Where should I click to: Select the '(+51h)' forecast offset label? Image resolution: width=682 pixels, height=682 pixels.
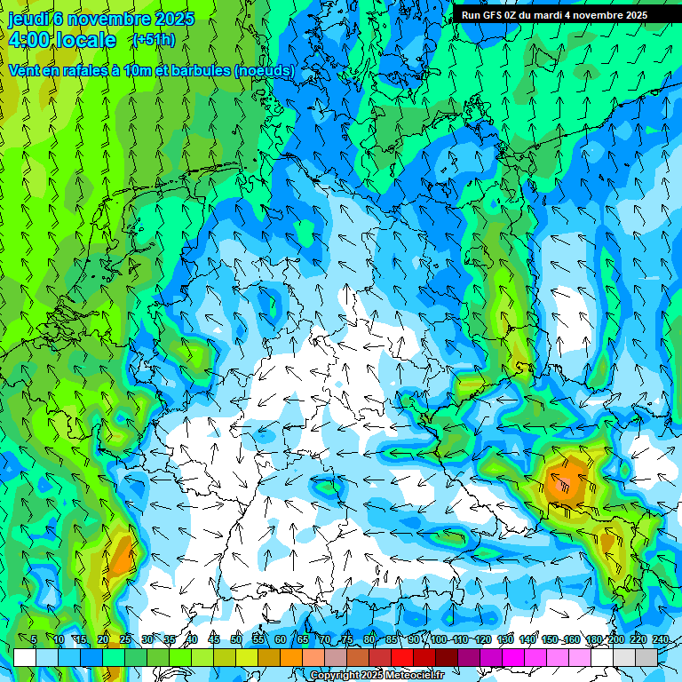pos(153,40)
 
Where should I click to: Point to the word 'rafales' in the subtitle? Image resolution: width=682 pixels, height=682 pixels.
pos(76,71)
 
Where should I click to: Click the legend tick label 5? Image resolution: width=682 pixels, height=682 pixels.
pos(34,640)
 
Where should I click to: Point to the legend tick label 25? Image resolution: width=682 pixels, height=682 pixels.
pos(125,640)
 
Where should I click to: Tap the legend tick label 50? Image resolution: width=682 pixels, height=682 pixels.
pos(236,640)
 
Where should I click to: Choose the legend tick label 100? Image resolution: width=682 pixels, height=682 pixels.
pos(439,640)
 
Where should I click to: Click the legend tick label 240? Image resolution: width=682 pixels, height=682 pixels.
pos(660,640)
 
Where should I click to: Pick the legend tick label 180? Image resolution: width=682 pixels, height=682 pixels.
pos(593,640)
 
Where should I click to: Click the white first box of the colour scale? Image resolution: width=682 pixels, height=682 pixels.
pos(25,657)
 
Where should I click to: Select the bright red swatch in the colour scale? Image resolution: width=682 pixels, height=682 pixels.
pos(402,657)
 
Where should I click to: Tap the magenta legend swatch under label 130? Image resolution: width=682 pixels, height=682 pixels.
pos(513,657)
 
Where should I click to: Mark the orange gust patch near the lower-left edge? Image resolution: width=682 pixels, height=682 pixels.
pos(122,555)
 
